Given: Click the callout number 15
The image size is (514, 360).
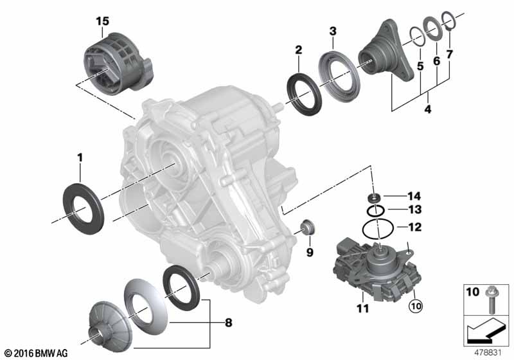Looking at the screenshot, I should tap(103, 21).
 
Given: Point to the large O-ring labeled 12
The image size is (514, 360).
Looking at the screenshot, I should tap(377, 228).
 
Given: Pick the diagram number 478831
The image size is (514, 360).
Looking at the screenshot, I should tap(489, 352).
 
